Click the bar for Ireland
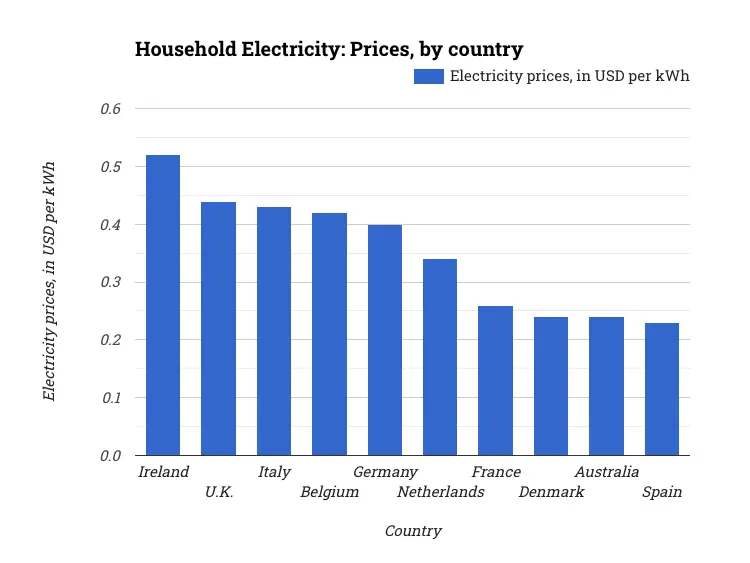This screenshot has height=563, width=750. pos(163,305)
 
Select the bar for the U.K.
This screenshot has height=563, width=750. pos(218,329)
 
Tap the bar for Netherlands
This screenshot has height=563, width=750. pos(440,357)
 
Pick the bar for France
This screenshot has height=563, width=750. pos(495,380)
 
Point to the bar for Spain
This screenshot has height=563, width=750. pos(662,389)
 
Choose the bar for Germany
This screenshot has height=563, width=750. pos(385,340)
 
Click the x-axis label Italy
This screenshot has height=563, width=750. pos(274,472)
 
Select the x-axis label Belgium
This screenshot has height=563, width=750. pos(329,492)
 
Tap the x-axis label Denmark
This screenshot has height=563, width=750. pos(551,492)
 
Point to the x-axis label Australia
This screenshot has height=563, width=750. pos(606,472)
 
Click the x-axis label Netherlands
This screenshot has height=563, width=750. pos(440,492)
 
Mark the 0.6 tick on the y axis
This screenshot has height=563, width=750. pos(110,108)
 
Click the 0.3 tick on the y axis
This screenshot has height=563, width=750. pos(110,282)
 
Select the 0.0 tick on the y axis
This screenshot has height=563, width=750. pos(110,456)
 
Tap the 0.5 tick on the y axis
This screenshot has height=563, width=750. pos(110,166)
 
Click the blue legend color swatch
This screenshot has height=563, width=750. pos(428,76)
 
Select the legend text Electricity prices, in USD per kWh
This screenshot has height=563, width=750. pos(569,76)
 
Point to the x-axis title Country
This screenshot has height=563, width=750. pos(413,531)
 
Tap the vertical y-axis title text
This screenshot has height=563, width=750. pos(49,281)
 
